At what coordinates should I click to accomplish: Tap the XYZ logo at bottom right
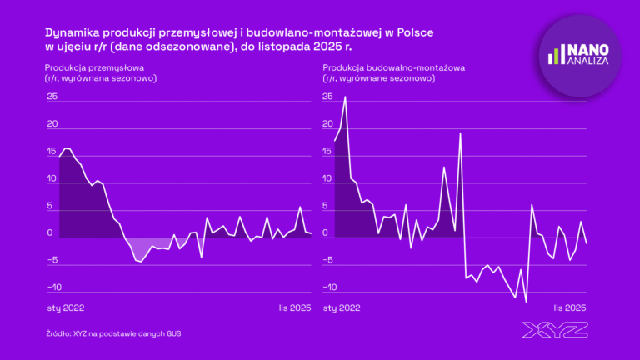pyautogui.click(x=554, y=330)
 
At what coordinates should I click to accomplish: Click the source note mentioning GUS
pyautogui.click(x=113, y=333)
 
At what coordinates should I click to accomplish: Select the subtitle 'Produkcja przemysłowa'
pyautogui.click(x=95, y=67)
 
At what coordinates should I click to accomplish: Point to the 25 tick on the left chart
pyautogui.click(x=52, y=97)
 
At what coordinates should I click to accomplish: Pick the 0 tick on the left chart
pyautogui.click(x=52, y=233)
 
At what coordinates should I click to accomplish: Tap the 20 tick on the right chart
pyautogui.click(x=327, y=124)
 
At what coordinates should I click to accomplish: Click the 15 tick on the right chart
pyautogui.click(x=327, y=152)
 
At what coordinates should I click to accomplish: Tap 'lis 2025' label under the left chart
pyautogui.click(x=295, y=307)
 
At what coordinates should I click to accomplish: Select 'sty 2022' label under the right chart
pyautogui.click(x=341, y=307)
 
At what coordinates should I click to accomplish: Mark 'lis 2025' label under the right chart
pyautogui.click(x=571, y=307)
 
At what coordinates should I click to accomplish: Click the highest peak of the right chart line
pyautogui.click(x=345, y=97)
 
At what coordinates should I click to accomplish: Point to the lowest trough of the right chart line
pyautogui.click(x=526, y=302)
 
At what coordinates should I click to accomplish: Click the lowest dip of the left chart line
pyautogui.click(x=141, y=262)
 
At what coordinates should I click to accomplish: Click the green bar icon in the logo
pyautogui.click(x=553, y=55)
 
